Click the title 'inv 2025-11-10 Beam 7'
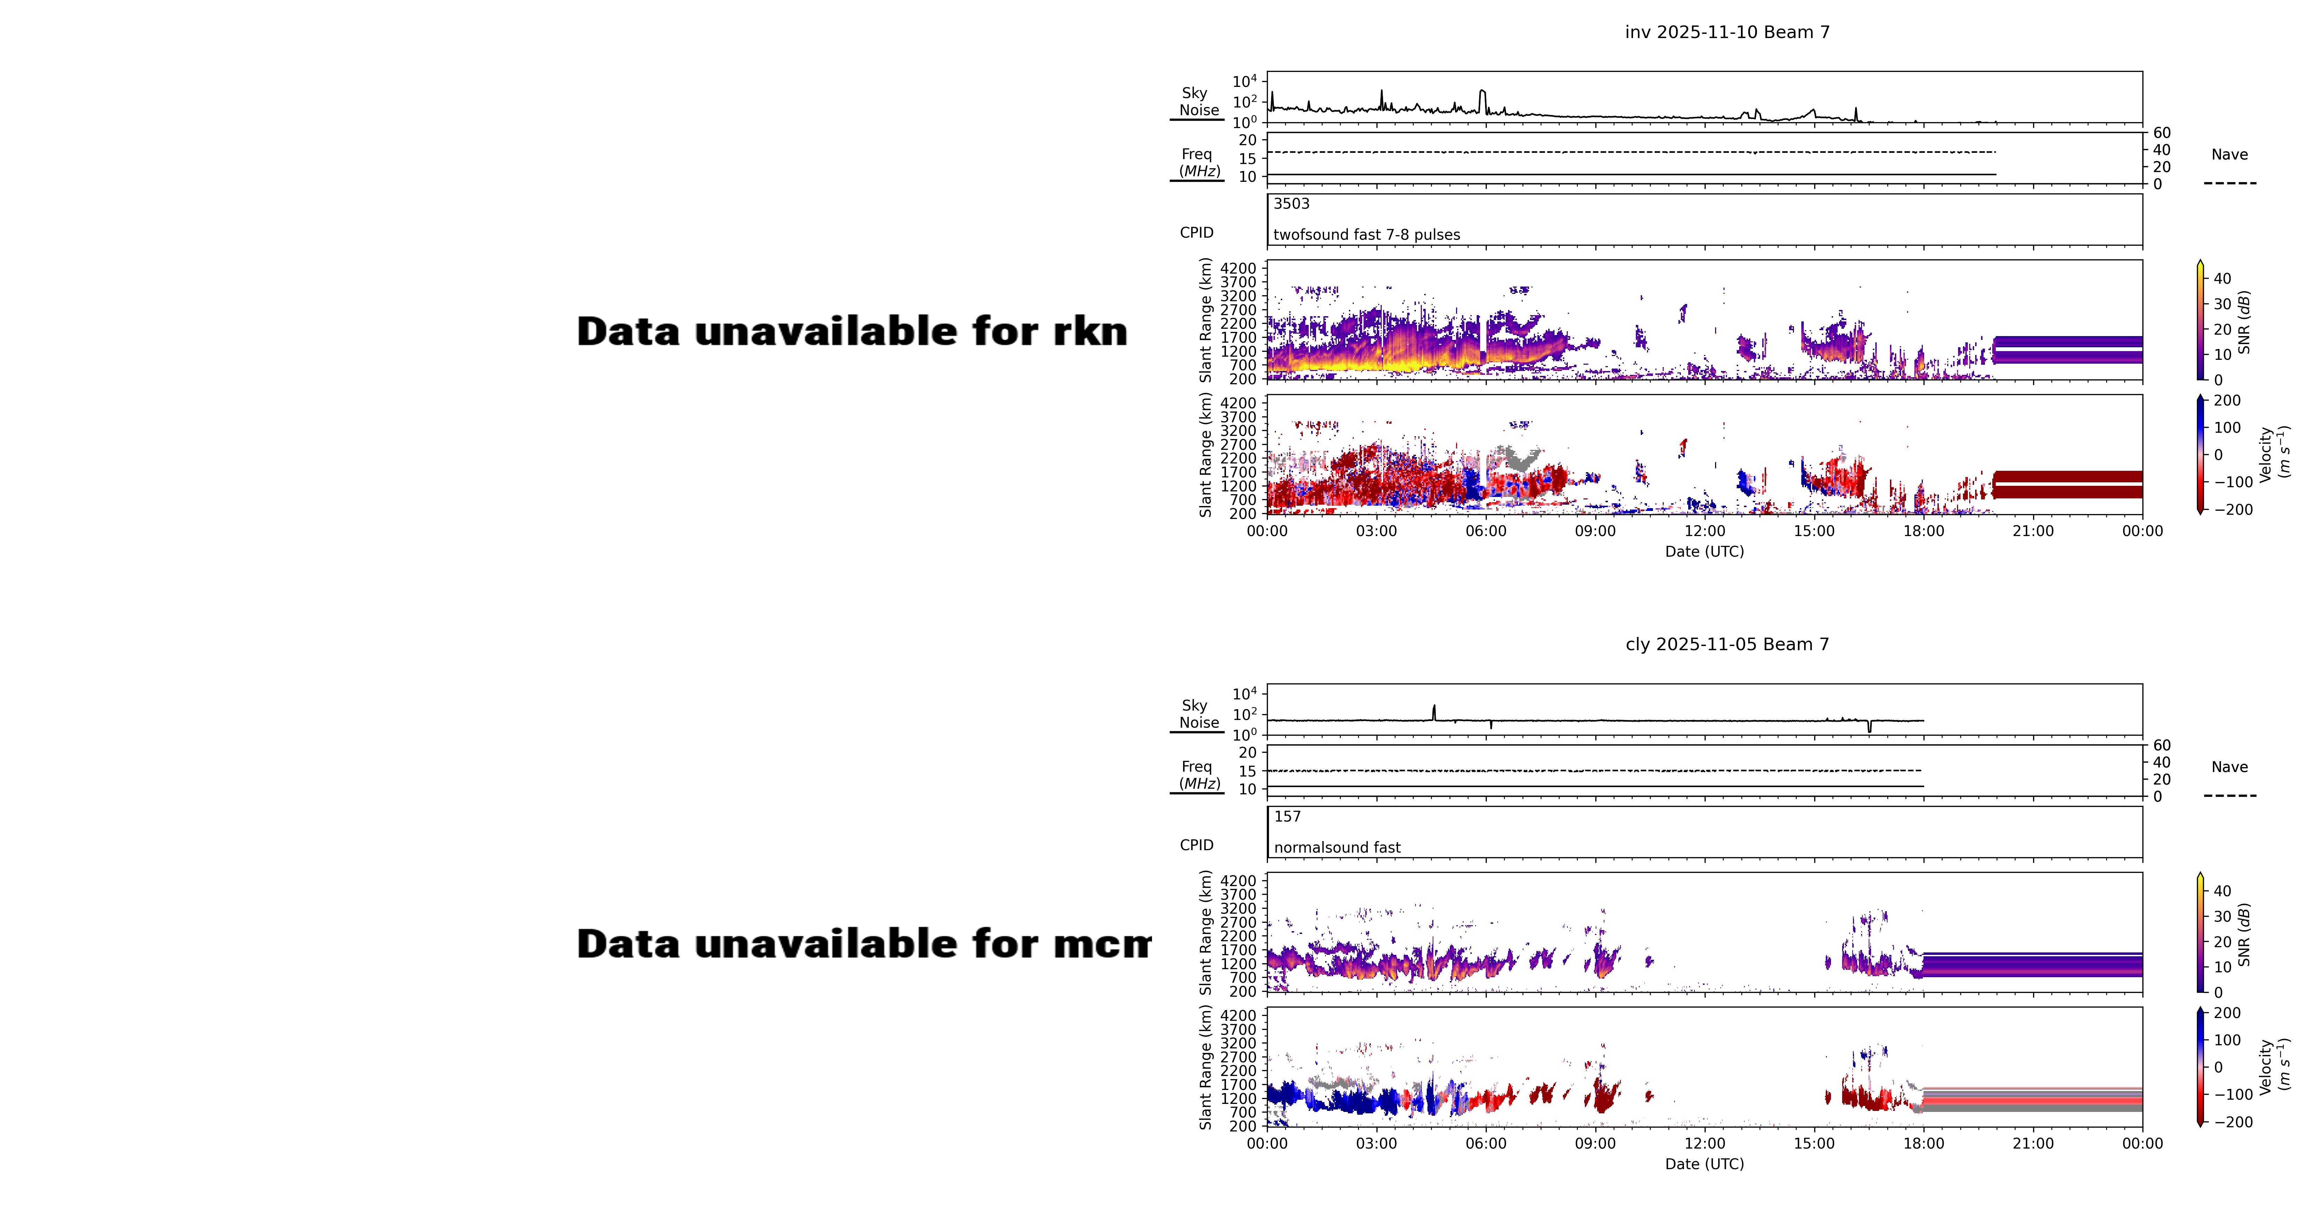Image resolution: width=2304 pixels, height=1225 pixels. [x=1727, y=32]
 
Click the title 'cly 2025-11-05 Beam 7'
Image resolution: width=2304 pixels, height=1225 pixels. [x=1727, y=645]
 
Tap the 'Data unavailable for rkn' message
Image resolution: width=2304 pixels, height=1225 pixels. [x=851, y=332]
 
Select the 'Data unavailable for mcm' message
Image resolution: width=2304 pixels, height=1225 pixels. [x=863, y=944]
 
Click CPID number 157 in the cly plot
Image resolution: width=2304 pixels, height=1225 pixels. [x=1287, y=816]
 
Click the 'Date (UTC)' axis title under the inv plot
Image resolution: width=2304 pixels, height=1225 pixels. [x=1704, y=552]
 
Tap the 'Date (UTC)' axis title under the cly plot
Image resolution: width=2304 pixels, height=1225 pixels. [x=1704, y=1164]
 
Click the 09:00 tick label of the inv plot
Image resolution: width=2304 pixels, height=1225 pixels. [x=1595, y=531]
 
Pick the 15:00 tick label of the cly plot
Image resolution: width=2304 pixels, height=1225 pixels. [x=1814, y=1144]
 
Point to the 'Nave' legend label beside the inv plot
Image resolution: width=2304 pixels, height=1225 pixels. [x=2229, y=155]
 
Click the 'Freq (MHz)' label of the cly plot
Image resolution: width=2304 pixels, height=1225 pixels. [x=1198, y=775]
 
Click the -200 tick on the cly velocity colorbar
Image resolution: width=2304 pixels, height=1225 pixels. [x=2232, y=1122]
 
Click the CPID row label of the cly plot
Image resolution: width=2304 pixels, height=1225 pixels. [x=1196, y=845]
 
